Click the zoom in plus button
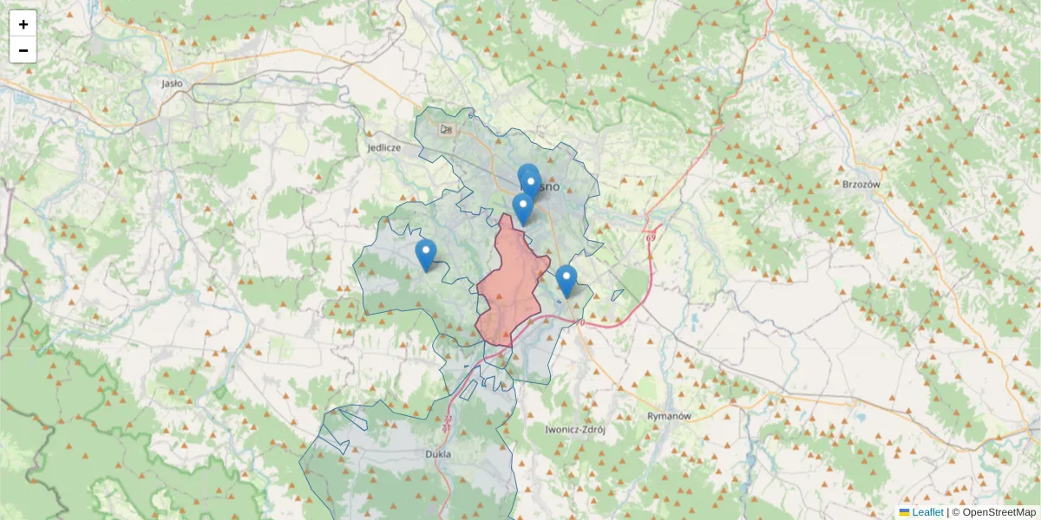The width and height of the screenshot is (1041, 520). click(x=23, y=24)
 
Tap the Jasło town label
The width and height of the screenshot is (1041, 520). click(x=172, y=84)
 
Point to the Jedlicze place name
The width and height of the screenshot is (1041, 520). click(x=383, y=147)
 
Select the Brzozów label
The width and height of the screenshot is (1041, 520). click(x=861, y=185)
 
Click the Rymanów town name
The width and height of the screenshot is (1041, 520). click(x=669, y=415)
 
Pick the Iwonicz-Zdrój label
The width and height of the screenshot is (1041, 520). click(x=574, y=429)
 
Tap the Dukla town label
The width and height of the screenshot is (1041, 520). click(x=439, y=453)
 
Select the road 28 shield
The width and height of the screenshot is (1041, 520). click(x=447, y=130)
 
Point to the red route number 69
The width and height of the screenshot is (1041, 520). click(x=650, y=236)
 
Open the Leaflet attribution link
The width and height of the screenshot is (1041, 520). click(x=926, y=512)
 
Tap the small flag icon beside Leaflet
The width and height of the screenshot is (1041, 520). click(x=905, y=512)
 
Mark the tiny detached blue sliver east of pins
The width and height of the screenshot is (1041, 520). click(x=618, y=295)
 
